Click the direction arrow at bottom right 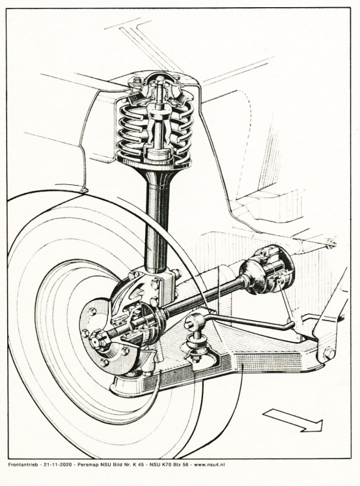pos(293,420)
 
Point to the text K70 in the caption pos(166,465)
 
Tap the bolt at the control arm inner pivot pos(328,353)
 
